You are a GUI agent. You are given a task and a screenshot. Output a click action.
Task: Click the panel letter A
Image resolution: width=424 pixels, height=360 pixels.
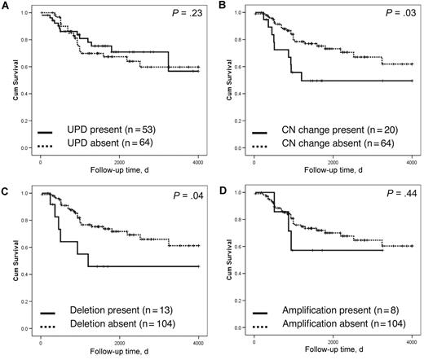(x=5, y=6)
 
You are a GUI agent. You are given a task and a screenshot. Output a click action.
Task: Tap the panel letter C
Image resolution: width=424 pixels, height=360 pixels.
(x=5, y=186)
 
